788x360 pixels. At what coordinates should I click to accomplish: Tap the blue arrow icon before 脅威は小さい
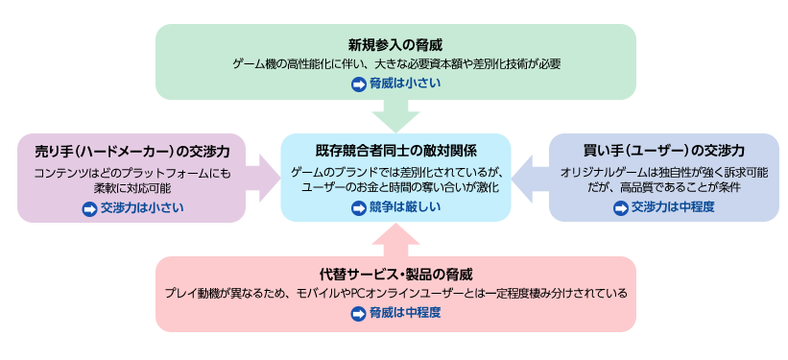click(360, 84)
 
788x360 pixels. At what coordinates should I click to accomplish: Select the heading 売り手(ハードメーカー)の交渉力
click(131, 152)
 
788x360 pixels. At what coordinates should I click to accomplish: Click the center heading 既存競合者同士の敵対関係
click(395, 151)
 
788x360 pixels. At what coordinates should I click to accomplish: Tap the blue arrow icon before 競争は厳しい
click(360, 206)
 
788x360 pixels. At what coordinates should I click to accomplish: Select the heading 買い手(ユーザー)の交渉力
click(664, 152)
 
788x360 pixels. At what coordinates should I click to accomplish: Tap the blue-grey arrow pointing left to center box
click(530, 179)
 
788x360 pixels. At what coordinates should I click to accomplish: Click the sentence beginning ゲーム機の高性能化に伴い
click(395, 64)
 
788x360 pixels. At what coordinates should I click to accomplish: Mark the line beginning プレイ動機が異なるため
click(395, 293)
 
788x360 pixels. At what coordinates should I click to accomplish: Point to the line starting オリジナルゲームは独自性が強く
click(664, 172)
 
